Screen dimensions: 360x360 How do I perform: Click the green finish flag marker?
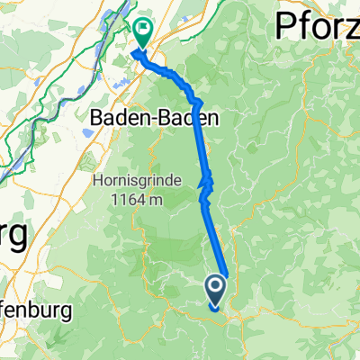pyautogui.click(x=142, y=33)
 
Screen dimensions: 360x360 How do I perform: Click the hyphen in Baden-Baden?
pyautogui.click(x=145, y=117)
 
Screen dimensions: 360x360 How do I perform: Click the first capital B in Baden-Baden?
pyautogui.click(x=99, y=117)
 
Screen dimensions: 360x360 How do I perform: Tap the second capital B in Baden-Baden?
pyautogui.click(x=155, y=117)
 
